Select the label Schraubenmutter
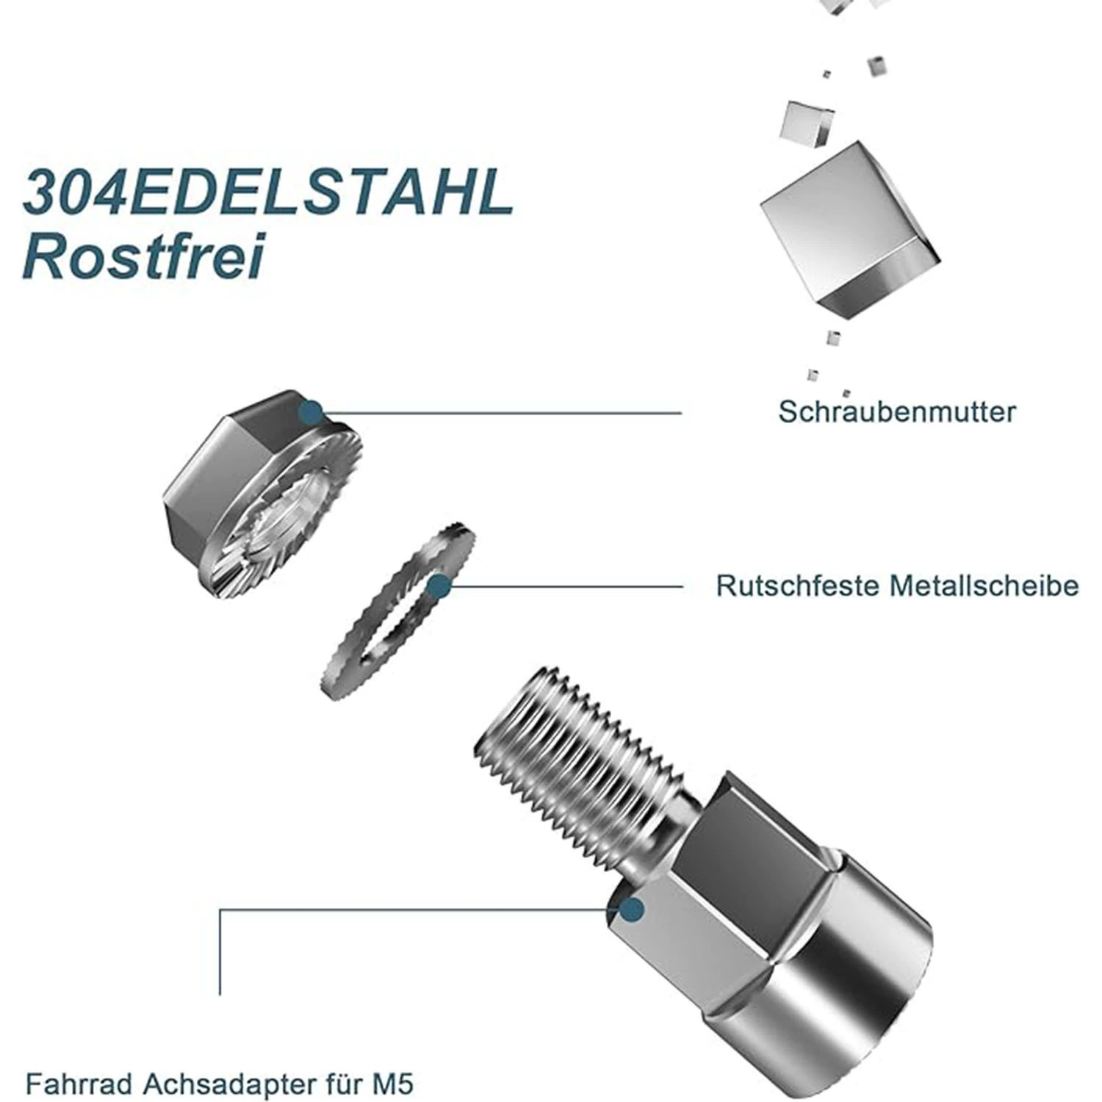897,411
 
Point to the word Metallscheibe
984,586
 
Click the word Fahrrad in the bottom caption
79,1084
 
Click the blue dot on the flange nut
311,412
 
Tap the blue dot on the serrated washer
439,586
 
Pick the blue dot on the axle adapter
631,911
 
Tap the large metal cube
849,231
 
